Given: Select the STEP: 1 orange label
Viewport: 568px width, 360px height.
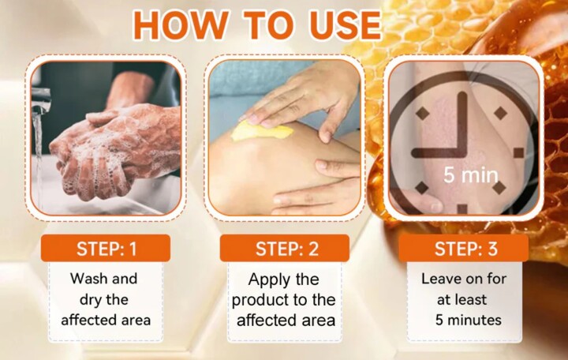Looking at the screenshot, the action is pos(106,249).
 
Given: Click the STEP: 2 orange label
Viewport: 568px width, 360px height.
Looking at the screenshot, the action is pos(284,249).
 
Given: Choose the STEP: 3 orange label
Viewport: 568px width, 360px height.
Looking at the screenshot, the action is pos(464,249).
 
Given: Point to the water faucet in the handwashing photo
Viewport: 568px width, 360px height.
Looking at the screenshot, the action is pos(40,99).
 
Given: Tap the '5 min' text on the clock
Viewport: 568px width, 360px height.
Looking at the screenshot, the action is pos(471,175).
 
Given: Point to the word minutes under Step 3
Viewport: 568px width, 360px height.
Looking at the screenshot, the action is pos(475,320).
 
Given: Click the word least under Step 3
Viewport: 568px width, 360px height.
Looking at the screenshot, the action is pos(471,300).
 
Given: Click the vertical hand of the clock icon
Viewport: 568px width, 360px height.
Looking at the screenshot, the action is pos(462,123).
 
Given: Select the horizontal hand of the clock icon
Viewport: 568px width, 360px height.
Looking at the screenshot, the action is pos(439,152).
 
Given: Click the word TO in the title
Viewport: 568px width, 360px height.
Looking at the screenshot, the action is pos(269,25).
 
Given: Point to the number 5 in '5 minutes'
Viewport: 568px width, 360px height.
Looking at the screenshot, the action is pos(439,320).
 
